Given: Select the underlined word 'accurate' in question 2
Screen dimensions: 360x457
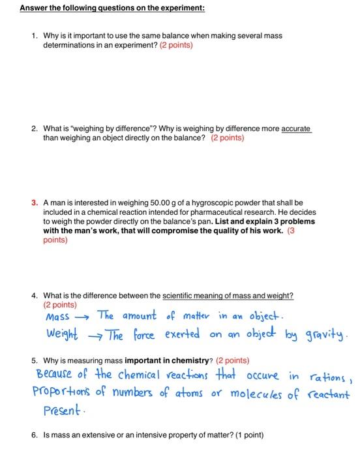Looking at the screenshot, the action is [x=295, y=129].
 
